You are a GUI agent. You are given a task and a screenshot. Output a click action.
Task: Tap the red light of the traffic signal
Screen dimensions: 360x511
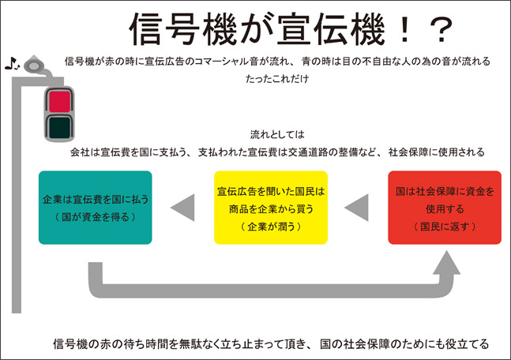(x=59, y=99)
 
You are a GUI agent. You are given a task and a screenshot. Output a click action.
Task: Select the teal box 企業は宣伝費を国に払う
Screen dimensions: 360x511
(x=95, y=207)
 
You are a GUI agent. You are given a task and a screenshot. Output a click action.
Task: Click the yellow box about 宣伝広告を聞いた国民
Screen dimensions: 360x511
(x=271, y=207)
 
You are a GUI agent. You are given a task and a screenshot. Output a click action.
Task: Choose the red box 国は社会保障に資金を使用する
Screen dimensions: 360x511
(x=444, y=207)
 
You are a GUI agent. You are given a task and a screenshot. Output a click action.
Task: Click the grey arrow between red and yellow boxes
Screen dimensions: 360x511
(x=357, y=207)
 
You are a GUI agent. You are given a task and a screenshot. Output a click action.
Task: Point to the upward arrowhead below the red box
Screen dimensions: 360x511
(x=448, y=264)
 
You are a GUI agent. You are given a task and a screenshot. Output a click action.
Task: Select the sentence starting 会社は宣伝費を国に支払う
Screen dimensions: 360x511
(x=278, y=152)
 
